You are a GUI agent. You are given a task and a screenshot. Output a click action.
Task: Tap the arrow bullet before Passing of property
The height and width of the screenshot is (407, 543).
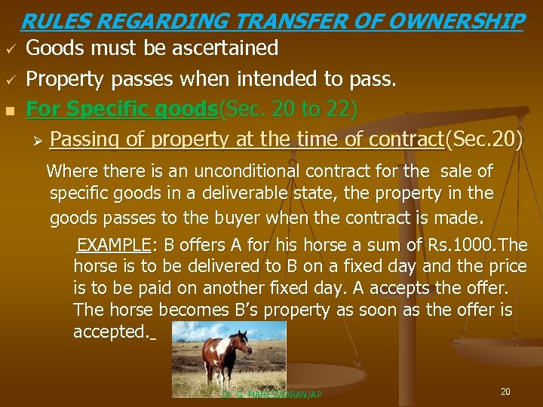click(x=40, y=139)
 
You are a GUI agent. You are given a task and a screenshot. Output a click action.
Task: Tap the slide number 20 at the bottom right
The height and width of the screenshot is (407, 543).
click(x=505, y=391)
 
